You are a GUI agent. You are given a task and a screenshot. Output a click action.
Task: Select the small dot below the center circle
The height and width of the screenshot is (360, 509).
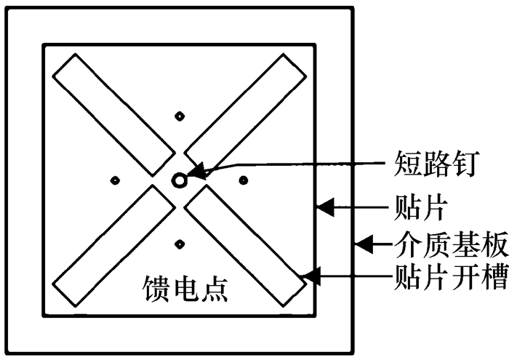point(179,243)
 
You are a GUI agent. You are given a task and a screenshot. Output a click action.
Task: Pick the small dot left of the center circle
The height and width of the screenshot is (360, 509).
point(113,180)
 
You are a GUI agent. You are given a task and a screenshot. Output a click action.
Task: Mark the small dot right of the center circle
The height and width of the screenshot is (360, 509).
point(244,179)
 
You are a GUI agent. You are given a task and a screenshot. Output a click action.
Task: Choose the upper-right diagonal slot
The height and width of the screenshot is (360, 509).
point(243,115)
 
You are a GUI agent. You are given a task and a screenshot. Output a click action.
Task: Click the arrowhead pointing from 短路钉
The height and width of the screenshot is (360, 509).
point(200,173)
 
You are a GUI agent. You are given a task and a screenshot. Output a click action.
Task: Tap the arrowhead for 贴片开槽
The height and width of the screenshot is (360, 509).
point(311,276)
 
